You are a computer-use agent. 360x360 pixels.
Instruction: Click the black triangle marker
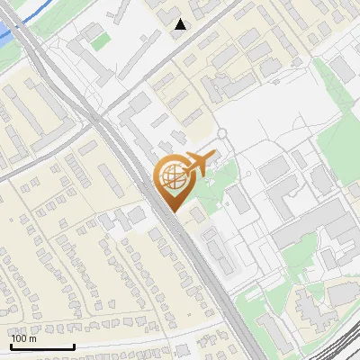point(180,24)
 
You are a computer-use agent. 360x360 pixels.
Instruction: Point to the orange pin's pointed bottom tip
point(172,211)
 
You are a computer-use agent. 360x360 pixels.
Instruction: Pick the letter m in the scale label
point(32,338)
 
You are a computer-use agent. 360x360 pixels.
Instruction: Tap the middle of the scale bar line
point(41,346)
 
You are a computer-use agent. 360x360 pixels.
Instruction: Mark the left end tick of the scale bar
point(10,346)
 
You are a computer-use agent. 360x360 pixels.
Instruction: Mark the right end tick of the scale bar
point(74,346)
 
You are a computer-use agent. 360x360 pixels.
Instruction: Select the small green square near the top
point(100,41)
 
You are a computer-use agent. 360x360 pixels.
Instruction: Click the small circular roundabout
point(221,135)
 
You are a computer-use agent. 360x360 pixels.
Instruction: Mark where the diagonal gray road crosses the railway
point(99,117)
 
